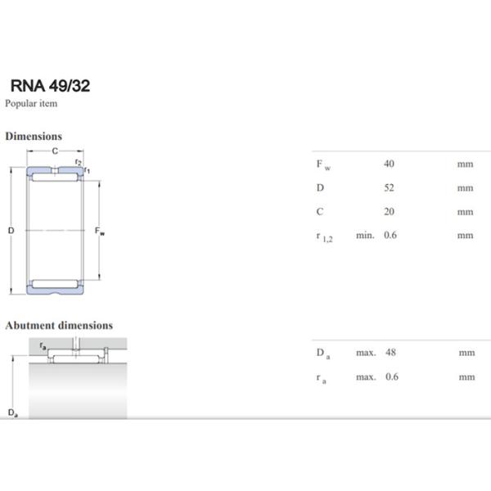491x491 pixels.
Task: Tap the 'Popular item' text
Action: [31, 103]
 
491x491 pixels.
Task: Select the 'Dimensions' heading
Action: [34, 136]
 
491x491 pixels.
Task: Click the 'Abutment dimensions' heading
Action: [59, 325]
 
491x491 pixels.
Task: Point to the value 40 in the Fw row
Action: [390, 164]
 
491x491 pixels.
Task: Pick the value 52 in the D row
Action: [390, 187]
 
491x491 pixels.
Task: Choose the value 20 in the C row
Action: [390, 211]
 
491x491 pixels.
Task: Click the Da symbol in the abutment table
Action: [322, 354]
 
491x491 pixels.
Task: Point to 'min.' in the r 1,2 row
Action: [365, 236]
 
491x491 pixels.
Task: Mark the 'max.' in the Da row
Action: [365, 353]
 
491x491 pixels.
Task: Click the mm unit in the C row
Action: [466, 211]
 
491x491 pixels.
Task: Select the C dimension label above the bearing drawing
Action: [55, 151]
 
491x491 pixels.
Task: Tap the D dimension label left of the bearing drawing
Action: [11, 231]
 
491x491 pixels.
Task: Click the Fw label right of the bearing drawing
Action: [100, 232]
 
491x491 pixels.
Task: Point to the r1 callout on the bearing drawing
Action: [88, 170]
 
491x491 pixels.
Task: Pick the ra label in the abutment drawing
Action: [42, 347]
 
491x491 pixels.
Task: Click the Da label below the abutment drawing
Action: [12, 412]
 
